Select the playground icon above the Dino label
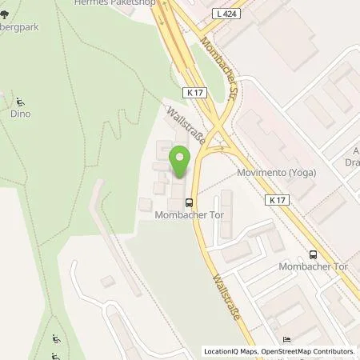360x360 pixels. click(18, 102)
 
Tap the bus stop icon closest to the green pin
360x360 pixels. click(188, 202)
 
